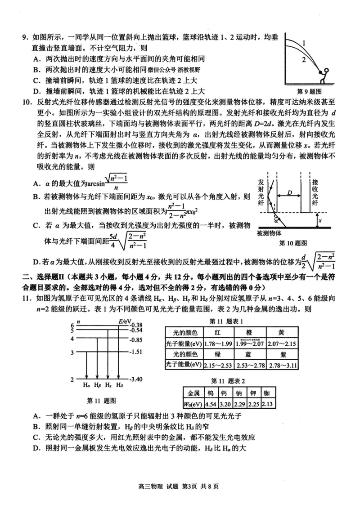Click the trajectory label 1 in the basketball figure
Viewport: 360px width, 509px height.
304,44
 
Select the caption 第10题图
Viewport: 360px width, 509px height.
293,243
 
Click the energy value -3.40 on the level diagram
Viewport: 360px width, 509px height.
135,380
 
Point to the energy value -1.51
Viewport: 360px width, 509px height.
135,352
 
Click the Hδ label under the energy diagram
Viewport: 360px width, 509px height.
119,385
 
